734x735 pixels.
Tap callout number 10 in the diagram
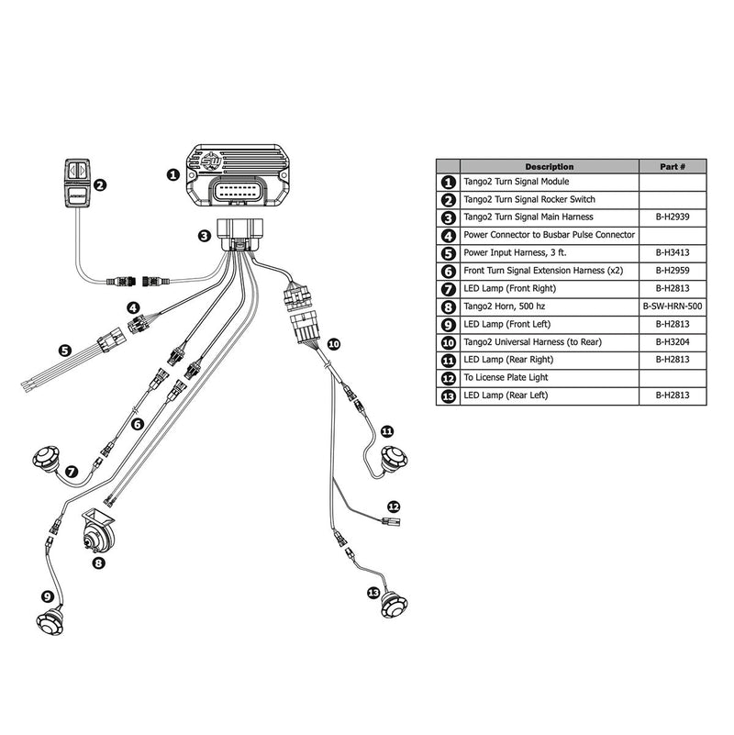click(x=333, y=343)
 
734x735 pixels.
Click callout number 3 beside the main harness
click(x=205, y=236)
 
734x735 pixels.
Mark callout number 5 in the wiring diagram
click(x=63, y=349)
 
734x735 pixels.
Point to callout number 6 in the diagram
click(x=138, y=423)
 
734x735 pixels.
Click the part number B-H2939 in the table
click(x=673, y=217)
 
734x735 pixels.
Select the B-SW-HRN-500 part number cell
click(x=673, y=306)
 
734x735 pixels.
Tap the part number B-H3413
click(x=673, y=253)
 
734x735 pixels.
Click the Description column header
click(x=549, y=166)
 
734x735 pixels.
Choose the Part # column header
click(x=673, y=166)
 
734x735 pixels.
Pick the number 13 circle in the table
click(x=449, y=396)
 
